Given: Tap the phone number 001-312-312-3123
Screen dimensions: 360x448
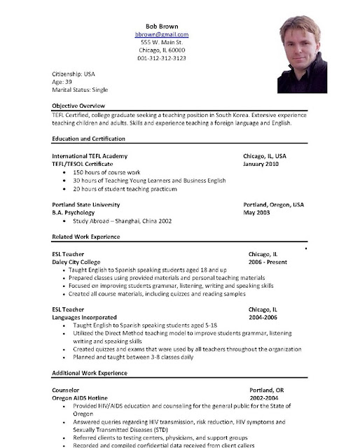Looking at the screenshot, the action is coord(162,58).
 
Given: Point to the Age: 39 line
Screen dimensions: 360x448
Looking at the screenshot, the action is coord(65,82).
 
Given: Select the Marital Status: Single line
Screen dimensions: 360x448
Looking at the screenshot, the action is coord(80,90).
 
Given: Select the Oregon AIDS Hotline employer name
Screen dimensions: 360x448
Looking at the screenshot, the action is coord(83,397).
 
